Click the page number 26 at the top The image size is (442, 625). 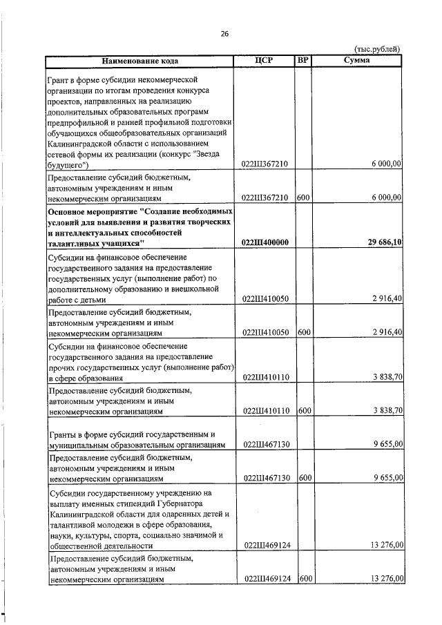click(x=224, y=34)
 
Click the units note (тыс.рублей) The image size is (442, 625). click(x=377, y=49)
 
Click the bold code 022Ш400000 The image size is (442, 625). click(x=266, y=242)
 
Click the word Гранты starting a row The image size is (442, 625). click(x=64, y=434)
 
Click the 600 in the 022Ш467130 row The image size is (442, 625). click(x=305, y=477)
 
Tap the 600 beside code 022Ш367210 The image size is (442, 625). click(x=305, y=197)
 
